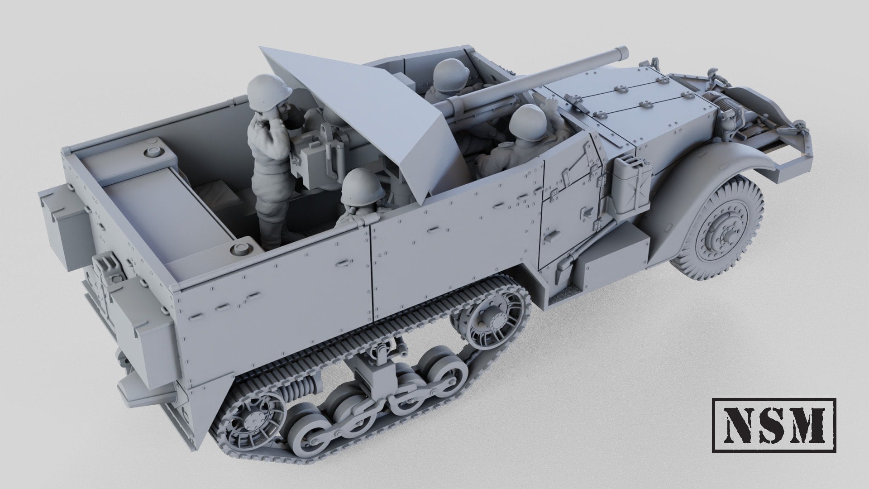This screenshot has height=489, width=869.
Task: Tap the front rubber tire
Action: [x=720, y=222]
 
